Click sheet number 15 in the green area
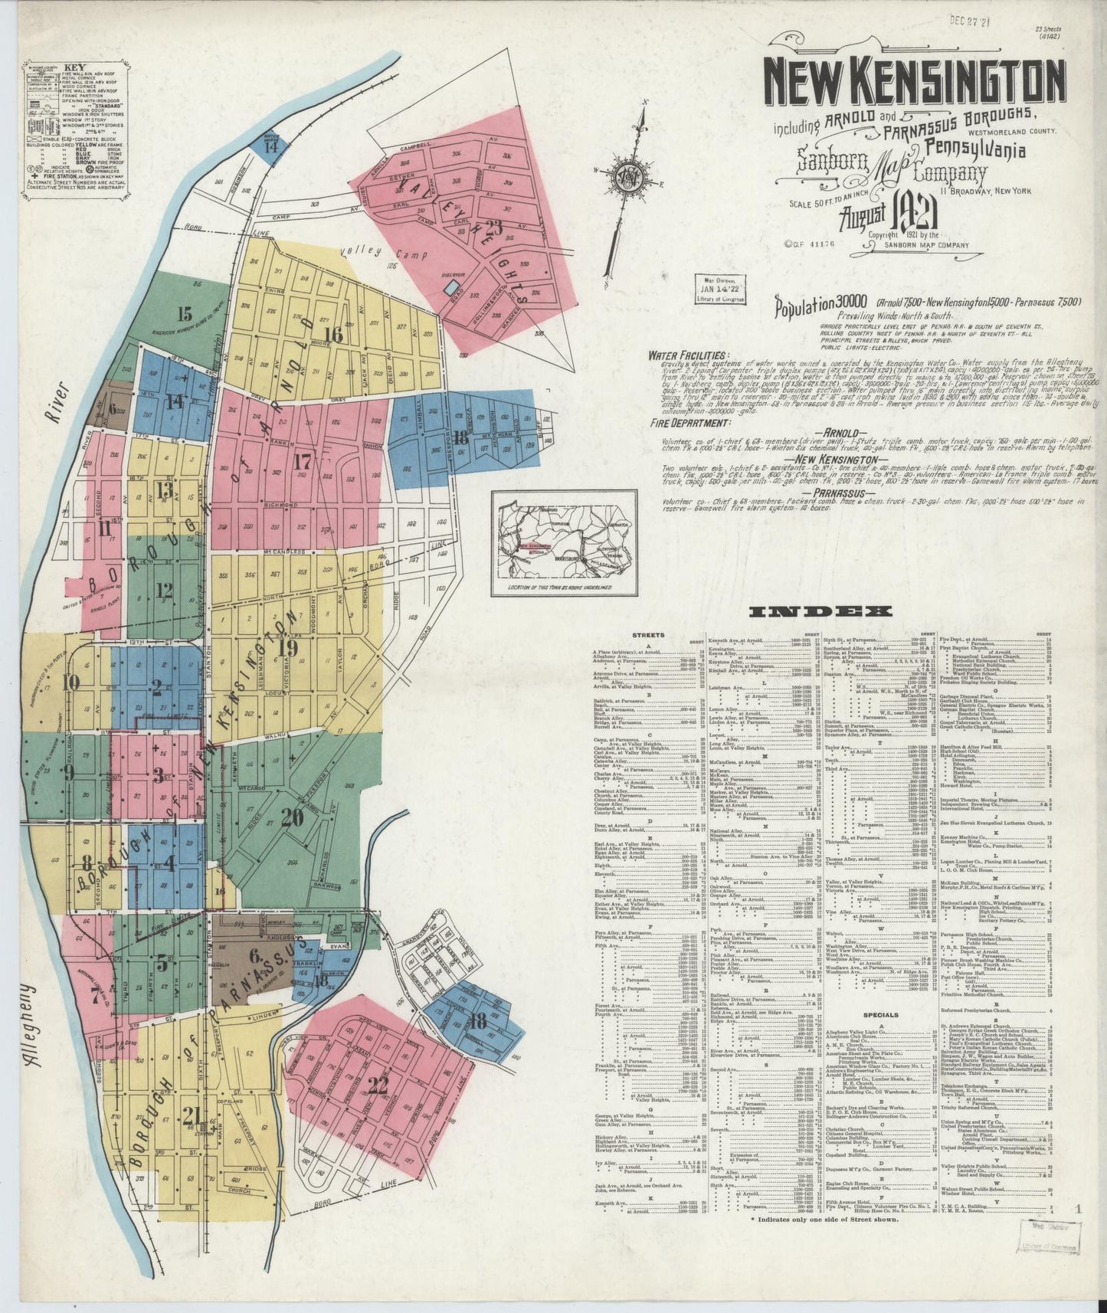click(x=183, y=313)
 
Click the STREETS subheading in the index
click(x=647, y=635)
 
